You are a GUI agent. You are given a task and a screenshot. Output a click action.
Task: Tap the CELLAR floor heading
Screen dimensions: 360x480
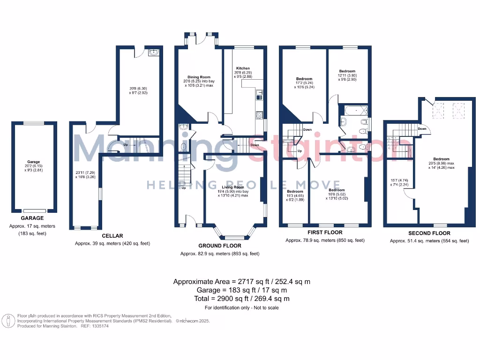[112, 236]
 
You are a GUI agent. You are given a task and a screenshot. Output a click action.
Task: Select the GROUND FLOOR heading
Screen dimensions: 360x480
[220, 246]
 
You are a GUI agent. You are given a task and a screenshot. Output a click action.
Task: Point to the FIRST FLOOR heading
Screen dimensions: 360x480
[325, 232]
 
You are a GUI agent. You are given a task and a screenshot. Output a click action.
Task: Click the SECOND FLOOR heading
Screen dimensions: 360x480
[429, 233]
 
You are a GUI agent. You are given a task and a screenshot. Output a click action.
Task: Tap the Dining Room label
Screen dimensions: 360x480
[199, 77]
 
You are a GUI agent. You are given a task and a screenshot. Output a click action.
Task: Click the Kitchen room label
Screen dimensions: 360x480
[243, 68]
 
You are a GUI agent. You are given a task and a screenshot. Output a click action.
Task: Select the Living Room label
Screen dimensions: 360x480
[233, 187]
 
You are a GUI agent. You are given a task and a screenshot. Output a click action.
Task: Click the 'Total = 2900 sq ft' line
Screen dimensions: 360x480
[241, 299]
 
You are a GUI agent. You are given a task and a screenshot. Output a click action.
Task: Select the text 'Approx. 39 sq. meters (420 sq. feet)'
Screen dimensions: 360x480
[112, 244]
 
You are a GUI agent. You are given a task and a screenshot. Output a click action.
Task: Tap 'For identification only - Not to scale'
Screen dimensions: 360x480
[241, 308]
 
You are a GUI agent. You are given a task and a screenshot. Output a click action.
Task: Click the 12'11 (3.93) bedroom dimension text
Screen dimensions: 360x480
[347, 75]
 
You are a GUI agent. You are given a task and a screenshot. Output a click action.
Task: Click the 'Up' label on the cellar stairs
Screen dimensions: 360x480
[125, 145]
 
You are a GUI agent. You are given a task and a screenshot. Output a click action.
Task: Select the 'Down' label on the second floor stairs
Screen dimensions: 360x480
[422, 129]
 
